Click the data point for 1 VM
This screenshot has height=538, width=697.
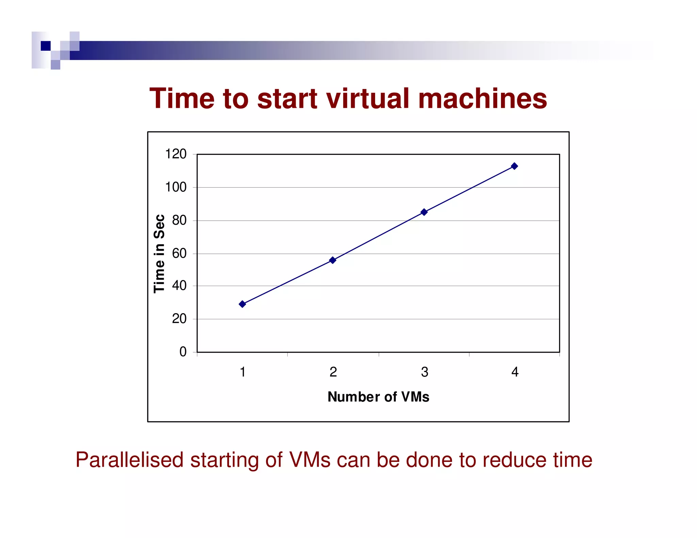coord(242,304)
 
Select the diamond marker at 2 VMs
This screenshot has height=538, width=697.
coord(333,260)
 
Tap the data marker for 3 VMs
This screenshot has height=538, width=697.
coord(424,212)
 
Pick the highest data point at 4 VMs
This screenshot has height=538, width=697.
coord(515,166)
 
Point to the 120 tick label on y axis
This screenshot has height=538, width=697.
coord(176,154)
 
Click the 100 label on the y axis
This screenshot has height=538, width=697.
coord(176,187)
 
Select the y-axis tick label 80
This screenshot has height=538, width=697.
coord(179,220)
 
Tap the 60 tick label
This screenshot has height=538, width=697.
coord(179,253)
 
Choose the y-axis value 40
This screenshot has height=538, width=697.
coord(179,285)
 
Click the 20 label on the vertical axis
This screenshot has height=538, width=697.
coord(179,319)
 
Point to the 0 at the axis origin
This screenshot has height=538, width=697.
coord(183,352)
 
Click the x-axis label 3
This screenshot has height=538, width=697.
coord(424,372)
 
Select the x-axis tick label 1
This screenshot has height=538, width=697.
coord(243,372)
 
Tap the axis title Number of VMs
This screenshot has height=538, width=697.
coord(378,397)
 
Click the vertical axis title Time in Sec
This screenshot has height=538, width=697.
coord(159,253)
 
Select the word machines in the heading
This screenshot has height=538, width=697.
coord(482,99)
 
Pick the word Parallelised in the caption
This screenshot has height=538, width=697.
coord(129,460)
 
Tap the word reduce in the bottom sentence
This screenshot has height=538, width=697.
coord(514,460)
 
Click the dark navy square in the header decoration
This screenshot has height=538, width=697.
coord(46,46)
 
